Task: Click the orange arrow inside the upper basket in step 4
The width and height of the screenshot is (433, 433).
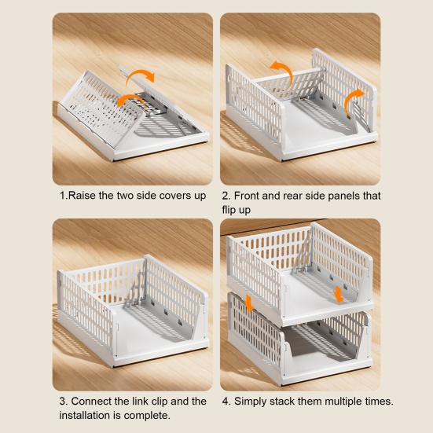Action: pyautogui.click(x=338, y=294)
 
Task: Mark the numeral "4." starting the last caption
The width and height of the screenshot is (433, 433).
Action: pyautogui.click(x=226, y=402)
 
